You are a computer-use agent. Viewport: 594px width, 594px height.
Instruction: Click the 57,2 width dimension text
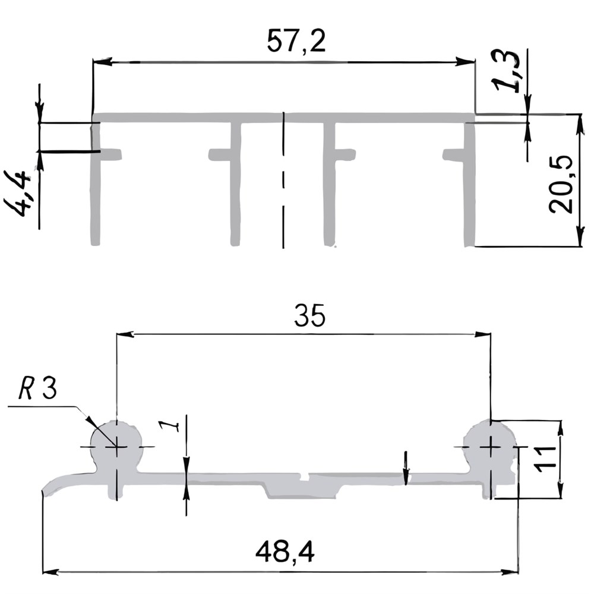(296, 41)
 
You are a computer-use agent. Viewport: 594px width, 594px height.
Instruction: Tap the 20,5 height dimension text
(561, 184)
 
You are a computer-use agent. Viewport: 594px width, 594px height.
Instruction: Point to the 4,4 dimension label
(17, 194)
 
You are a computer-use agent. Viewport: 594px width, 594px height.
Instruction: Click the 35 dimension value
(310, 315)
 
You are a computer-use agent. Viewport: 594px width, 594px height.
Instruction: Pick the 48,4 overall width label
(285, 552)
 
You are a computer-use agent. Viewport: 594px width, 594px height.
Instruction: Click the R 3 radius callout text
(38, 388)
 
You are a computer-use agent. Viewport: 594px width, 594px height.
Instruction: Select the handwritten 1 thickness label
(169, 426)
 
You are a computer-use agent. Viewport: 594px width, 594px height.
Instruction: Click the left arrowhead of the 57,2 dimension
(102, 61)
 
